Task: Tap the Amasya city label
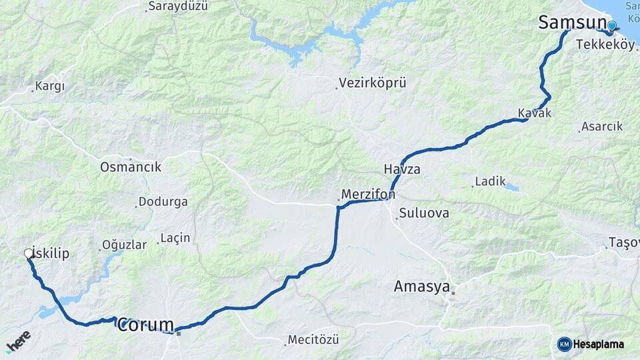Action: click(x=421, y=286)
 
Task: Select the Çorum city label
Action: click(x=145, y=325)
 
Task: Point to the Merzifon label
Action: click(x=368, y=194)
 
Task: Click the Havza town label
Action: click(x=402, y=169)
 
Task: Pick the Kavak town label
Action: click(x=535, y=113)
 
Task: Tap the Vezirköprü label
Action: click(x=372, y=83)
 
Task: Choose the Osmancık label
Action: click(x=131, y=167)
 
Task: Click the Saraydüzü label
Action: click(x=178, y=6)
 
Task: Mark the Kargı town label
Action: click(x=50, y=86)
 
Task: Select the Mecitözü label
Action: click(x=313, y=339)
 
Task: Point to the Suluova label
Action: click(x=424, y=213)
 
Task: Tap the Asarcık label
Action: click(x=601, y=126)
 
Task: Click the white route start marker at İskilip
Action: click(x=29, y=253)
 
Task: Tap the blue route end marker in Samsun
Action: click(x=611, y=26)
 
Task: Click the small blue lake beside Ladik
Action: click(x=511, y=187)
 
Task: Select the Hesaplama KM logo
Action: click(x=591, y=344)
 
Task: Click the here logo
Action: click(x=18, y=341)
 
